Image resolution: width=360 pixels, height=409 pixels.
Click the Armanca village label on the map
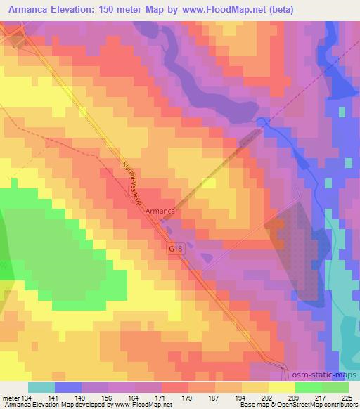(161, 209)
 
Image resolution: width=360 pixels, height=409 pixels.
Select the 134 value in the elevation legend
(27, 397)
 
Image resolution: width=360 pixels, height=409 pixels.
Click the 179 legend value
(188, 397)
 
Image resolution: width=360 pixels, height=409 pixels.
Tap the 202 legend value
(269, 397)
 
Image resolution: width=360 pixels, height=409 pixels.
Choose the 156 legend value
(108, 397)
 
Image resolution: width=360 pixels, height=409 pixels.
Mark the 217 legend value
(321, 397)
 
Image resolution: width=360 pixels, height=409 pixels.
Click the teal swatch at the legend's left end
(41, 387)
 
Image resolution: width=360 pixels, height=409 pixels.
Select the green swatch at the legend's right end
(335, 387)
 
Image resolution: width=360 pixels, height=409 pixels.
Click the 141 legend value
(54, 397)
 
